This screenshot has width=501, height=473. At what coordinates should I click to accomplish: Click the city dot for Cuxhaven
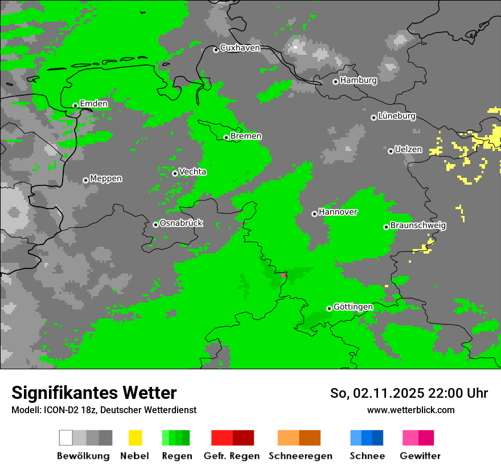coord(216,50)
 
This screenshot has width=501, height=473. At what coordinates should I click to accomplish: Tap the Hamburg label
coord(358,80)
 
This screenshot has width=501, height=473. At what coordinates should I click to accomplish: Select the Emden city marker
coord(75,105)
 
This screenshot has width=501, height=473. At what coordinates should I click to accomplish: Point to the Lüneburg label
coord(397,116)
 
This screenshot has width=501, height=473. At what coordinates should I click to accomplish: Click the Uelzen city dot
coord(391,151)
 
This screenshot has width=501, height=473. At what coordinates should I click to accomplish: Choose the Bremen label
coord(246,136)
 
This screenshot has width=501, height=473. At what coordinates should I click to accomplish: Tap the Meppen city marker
coord(85,180)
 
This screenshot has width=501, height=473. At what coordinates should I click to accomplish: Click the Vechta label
coord(192,172)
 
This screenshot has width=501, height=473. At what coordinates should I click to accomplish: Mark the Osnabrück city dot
coord(155,225)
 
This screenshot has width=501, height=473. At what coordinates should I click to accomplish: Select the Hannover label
coord(338,212)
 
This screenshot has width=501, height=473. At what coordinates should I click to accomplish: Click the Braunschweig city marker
coord(386,227)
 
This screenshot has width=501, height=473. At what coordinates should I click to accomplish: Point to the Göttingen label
coord(353,307)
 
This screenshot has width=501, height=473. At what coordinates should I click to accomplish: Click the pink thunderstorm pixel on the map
coord(283,275)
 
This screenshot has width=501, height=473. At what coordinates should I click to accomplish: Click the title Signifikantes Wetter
coord(94,393)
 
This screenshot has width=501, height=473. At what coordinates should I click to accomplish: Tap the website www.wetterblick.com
coord(410,410)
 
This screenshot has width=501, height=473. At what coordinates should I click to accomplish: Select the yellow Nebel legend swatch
coord(135,438)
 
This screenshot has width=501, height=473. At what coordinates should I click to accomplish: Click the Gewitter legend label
coord(420,456)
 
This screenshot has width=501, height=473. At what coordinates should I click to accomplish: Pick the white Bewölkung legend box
coord(66,438)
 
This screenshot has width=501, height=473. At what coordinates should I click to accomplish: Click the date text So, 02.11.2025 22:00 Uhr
coord(409,393)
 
